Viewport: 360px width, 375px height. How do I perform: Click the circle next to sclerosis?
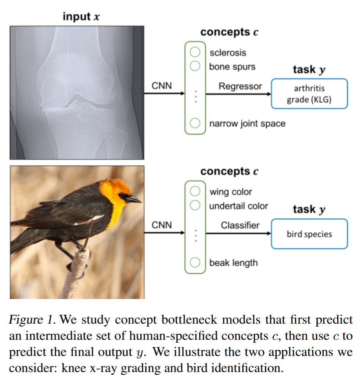[195, 52]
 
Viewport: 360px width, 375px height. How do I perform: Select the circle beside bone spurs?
[195, 66]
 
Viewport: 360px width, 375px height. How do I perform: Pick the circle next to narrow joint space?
[195, 123]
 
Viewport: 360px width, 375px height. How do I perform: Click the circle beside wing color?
[195, 191]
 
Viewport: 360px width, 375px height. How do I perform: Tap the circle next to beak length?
[195, 263]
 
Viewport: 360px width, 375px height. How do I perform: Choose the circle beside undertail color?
[195, 205]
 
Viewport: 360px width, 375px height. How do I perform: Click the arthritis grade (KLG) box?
[309, 94]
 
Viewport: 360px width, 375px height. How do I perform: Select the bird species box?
[309, 234]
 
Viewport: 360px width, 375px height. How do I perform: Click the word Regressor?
[240, 87]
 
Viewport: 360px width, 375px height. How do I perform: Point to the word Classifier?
[240, 225]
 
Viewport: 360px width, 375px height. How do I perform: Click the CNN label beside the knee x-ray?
[162, 86]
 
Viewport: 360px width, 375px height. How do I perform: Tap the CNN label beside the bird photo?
[162, 225]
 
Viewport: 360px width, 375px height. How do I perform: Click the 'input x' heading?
[81, 17]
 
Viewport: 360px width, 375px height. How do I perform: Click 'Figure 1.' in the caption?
[32, 320]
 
